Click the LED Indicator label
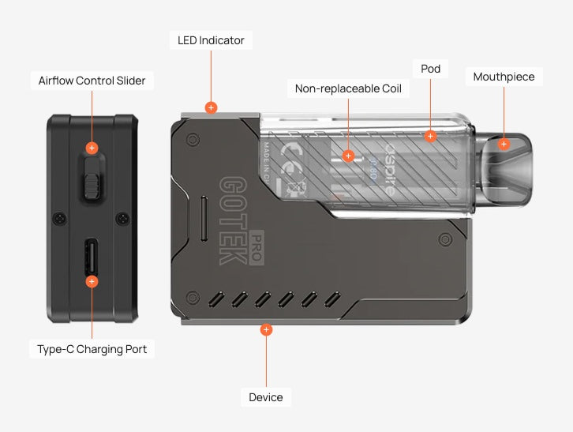(211, 40)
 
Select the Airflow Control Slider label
(92, 81)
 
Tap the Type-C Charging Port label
(92, 348)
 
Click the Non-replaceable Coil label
(348, 88)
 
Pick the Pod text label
(430, 69)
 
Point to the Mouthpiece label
(504, 77)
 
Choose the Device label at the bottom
(266, 397)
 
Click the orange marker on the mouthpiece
(504, 144)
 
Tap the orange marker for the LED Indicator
(211, 107)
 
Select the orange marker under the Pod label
(430, 136)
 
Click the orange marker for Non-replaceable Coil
(348, 156)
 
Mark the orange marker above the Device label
(266, 329)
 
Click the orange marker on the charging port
(92, 281)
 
